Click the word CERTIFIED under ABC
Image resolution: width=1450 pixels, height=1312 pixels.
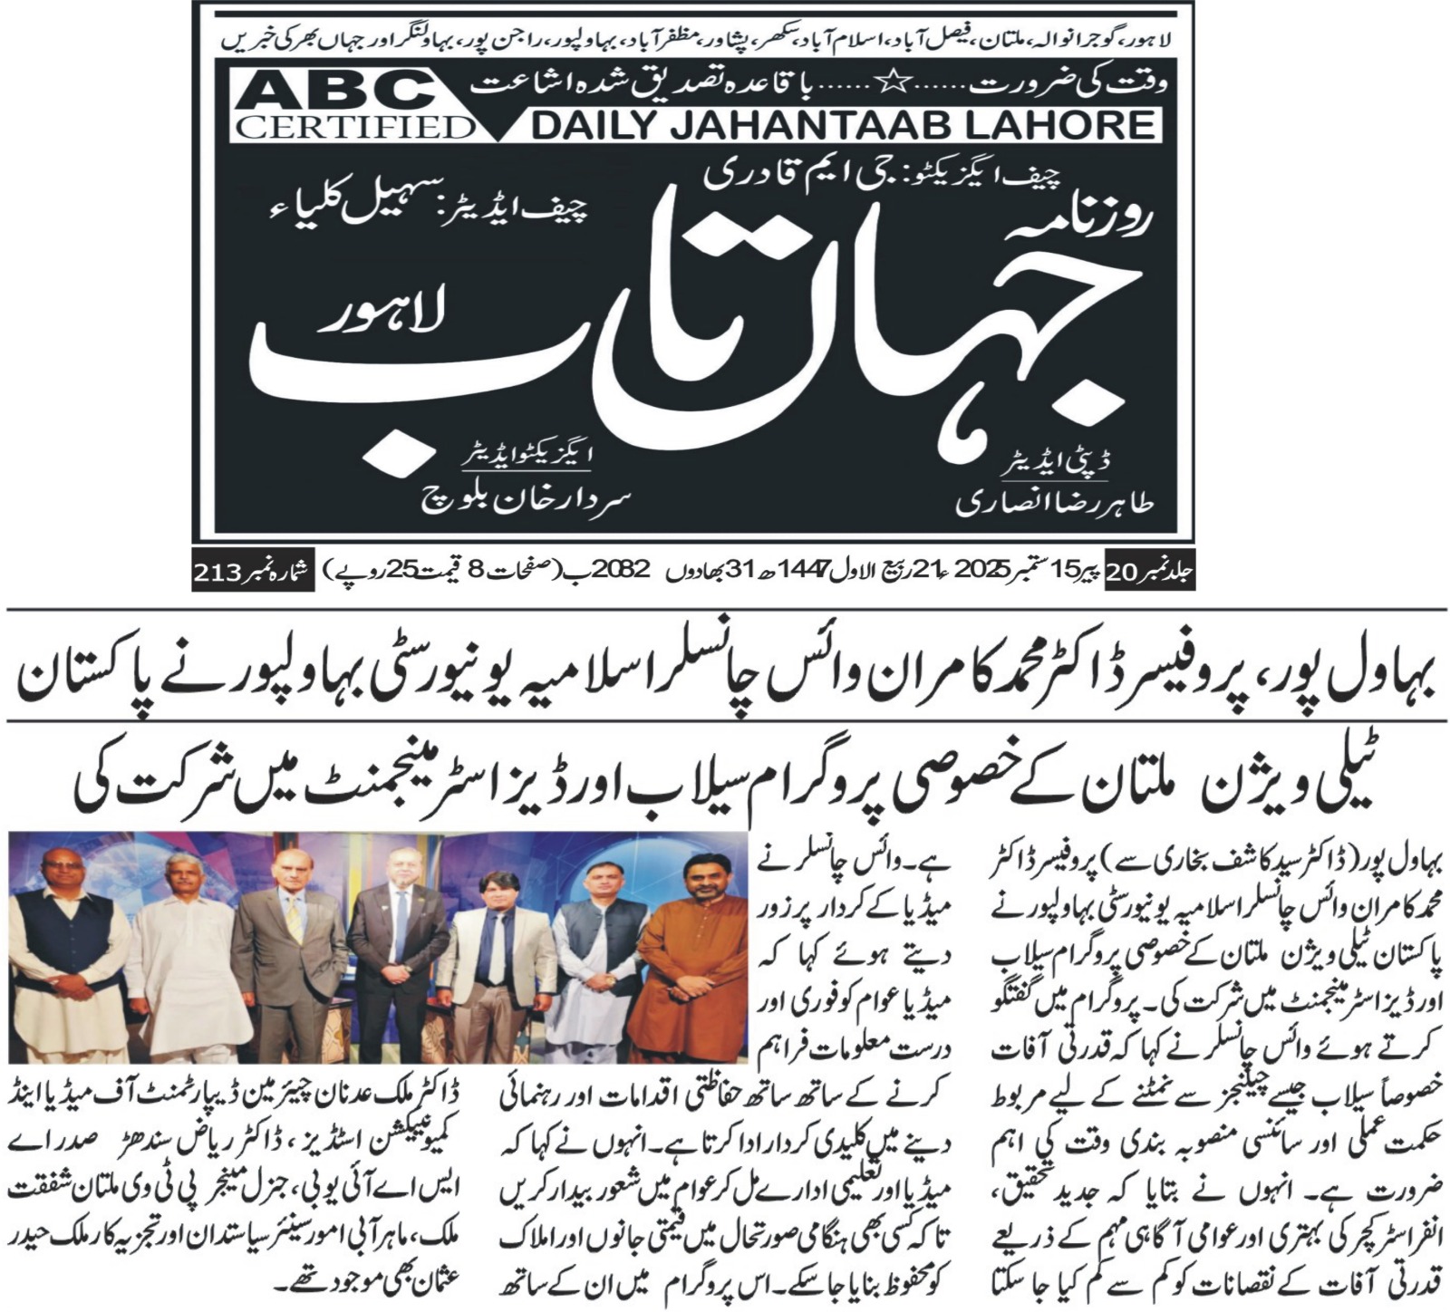point(353,126)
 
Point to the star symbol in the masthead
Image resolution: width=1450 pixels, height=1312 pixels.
point(893,86)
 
